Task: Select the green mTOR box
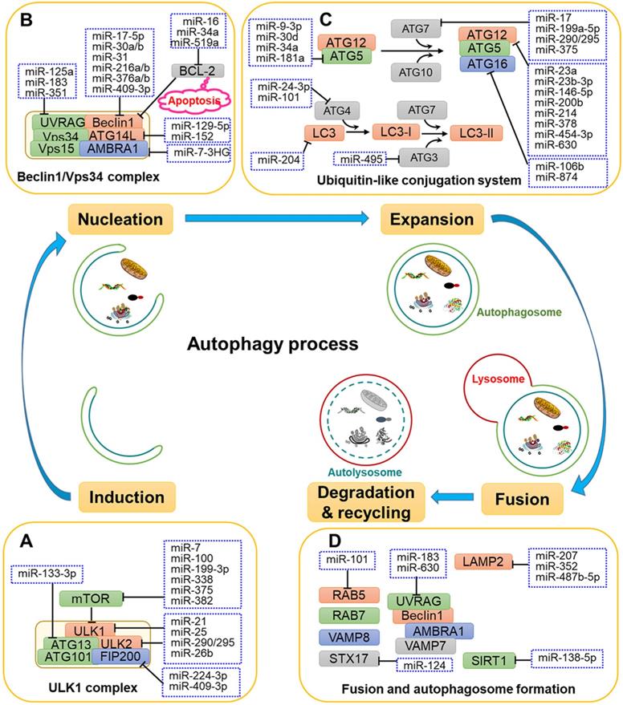click(95, 598)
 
